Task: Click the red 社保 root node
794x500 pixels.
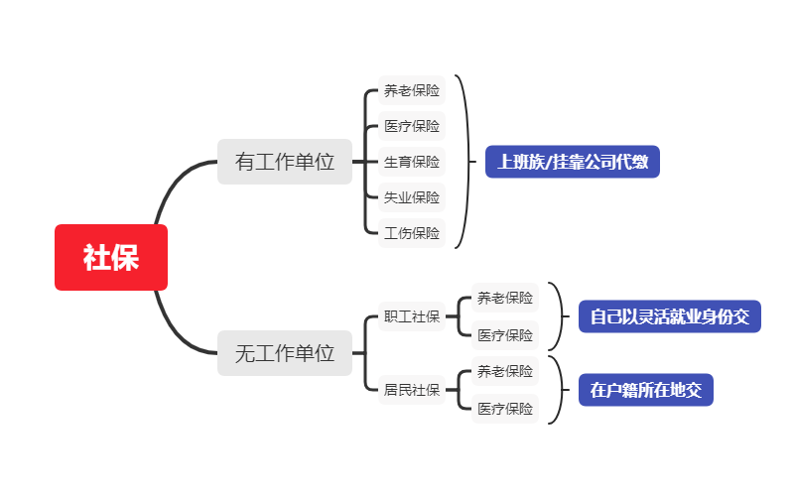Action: click(111, 258)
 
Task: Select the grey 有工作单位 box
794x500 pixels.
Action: click(285, 162)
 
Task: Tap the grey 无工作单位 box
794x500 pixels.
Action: click(285, 352)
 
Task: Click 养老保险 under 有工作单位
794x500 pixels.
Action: click(411, 91)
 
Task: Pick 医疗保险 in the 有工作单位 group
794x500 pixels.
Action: click(411, 126)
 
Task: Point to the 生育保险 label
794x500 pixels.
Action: click(411, 162)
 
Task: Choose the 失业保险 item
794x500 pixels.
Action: click(411, 197)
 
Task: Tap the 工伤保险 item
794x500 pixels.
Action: click(411, 233)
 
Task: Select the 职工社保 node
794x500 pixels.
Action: click(411, 316)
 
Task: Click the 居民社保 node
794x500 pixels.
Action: click(411, 389)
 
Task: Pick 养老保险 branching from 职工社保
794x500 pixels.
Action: click(504, 298)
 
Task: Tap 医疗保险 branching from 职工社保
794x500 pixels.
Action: click(504, 335)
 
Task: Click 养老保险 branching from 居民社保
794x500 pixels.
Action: click(504, 371)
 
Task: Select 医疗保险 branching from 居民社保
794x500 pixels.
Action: click(504, 408)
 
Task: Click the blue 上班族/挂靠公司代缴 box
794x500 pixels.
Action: click(573, 162)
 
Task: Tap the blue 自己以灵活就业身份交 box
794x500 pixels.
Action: click(670, 316)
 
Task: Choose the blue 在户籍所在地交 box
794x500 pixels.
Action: click(645, 390)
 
